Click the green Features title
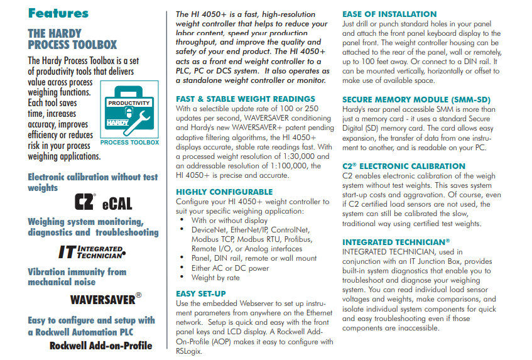click(x=58, y=13)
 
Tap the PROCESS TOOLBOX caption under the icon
click(x=129, y=143)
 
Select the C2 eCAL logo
click(x=103, y=202)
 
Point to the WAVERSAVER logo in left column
click(x=106, y=298)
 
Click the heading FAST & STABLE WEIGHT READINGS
click(x=246, y=99)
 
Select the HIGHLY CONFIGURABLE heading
click(x=224, y=192)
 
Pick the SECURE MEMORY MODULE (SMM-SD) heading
click(x=416, y=99)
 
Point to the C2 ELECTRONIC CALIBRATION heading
click(x=404, y=166)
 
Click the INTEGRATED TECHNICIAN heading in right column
click(x=396, y=242)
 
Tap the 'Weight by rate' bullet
click(x=215, y=277)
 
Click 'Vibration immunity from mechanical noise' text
click(x=77, y=276)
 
